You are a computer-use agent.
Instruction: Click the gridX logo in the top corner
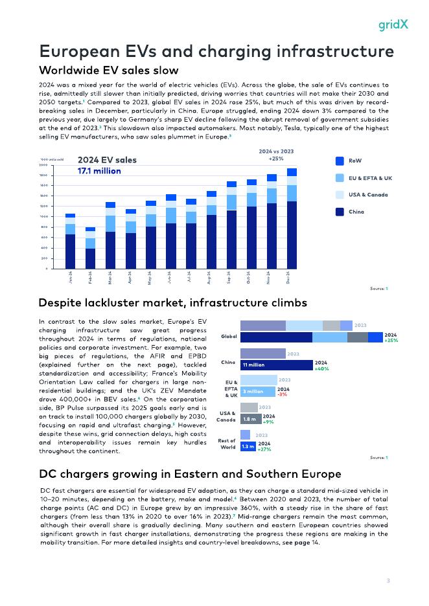pos(393,25)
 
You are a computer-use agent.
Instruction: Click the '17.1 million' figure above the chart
pos(99,171)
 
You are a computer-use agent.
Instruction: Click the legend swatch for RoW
pos(340,161)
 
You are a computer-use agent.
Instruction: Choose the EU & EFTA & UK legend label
pos(371,177)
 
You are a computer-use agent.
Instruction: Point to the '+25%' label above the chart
pos(276,158)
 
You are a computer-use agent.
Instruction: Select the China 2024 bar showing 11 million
pos(277,365)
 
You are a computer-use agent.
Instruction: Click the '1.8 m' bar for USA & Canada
pos(251,419)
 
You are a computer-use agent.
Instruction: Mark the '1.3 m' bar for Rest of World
pos(248,447)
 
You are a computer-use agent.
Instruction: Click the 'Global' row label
pos(229,337)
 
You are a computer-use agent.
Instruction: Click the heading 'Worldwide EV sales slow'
pos(109,69)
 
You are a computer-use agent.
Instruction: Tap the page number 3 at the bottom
pos(388,580)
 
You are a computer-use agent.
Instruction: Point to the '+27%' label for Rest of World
pos(264,449)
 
